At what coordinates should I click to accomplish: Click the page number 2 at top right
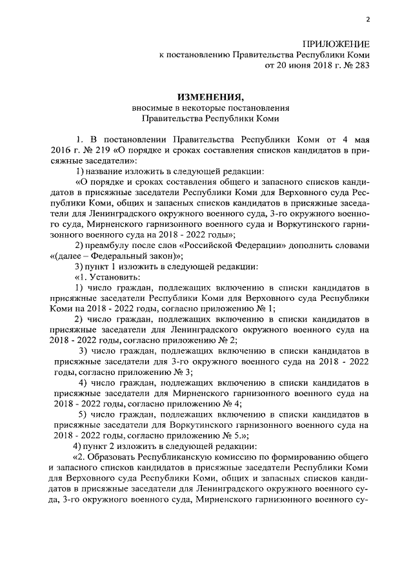[x=367, y=20]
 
